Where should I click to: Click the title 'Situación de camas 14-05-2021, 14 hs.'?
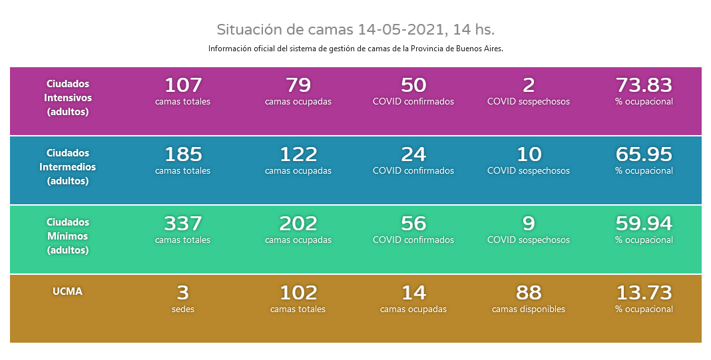(355, 30)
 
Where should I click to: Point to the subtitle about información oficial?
(355, 49)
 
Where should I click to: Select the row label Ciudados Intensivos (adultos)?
(67, 98)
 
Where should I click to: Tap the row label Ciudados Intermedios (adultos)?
(67, 167)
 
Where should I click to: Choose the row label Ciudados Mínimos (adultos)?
(67, 236)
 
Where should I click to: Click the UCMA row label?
(67, 291)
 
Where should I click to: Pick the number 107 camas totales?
(183, 85)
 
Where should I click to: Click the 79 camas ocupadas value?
(298, 85)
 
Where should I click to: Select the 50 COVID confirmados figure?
(413, 85)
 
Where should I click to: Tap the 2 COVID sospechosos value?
(529, 85)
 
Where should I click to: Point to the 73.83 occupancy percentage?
(644, 85)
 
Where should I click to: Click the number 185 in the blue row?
(183, 154)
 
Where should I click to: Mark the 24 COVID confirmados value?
(413, 154)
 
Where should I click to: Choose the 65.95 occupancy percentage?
(644, 154)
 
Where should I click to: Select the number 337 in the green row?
(183, 224)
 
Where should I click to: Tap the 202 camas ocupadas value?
(298, 224)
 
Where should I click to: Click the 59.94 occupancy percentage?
(644, 224)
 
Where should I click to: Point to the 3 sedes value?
(183, 293)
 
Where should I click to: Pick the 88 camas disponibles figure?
(529, 293)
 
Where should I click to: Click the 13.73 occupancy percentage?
(644, 293)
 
